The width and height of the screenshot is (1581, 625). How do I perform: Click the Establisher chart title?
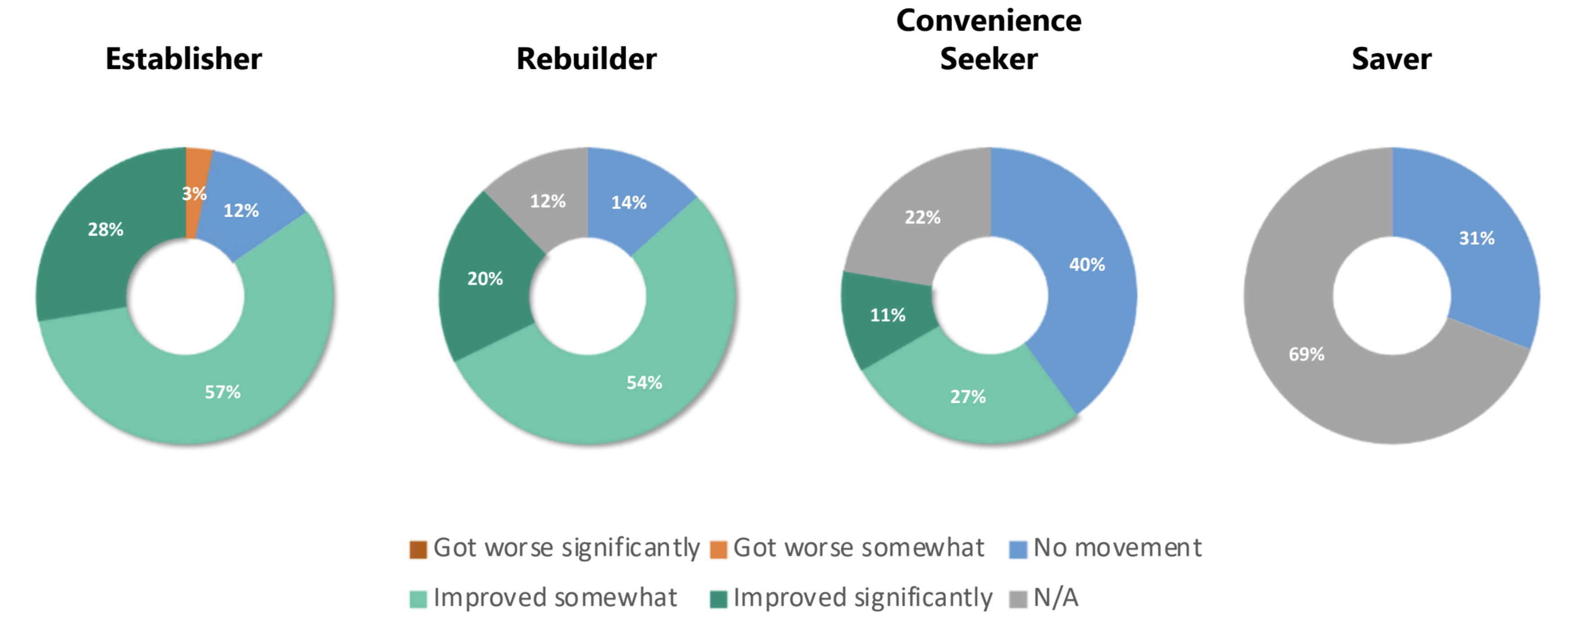coord(184,59)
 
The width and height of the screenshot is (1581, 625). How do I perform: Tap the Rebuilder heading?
coord(586,59)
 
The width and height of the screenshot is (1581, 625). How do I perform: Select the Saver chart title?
coord(1391,59)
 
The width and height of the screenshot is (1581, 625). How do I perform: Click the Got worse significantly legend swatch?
coord(418,549)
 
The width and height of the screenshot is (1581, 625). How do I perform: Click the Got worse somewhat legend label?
coord(858,548)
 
